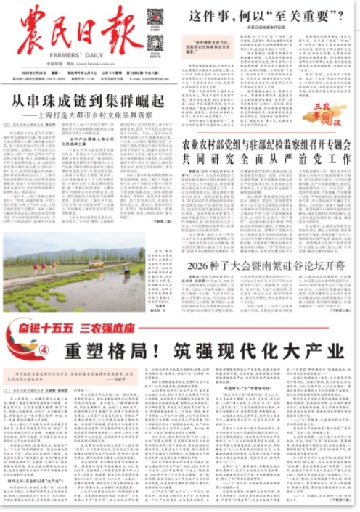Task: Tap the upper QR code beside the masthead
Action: pyautogui.click(x=154, y=17)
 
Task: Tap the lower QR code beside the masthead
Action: pyautogui.click(x=154, y=42)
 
